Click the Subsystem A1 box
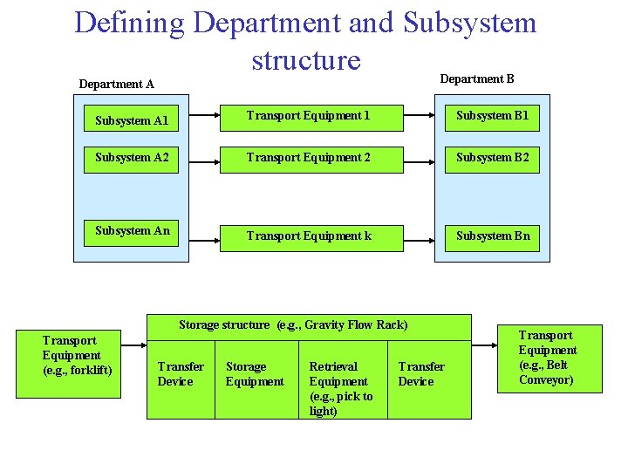click(132, 120)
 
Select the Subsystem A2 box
click(132, 158)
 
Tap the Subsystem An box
click(132, 231)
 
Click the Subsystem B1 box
click(492, 116)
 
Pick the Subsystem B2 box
click(492, 158)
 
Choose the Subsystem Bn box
click(492, 236)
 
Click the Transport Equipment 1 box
click(310, 116)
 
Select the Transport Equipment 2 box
click(310, 158)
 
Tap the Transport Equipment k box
click(310, 236)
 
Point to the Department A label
click(116, 85)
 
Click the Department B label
click(476, 79)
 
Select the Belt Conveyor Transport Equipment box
click(549, 358)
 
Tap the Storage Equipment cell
click(255, 374)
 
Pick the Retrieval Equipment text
click(340, 388)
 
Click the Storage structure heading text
click(293, 325)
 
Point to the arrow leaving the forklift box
click(133, 346)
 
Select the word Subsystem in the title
click(469, 23)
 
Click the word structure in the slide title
click(305, 60)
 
